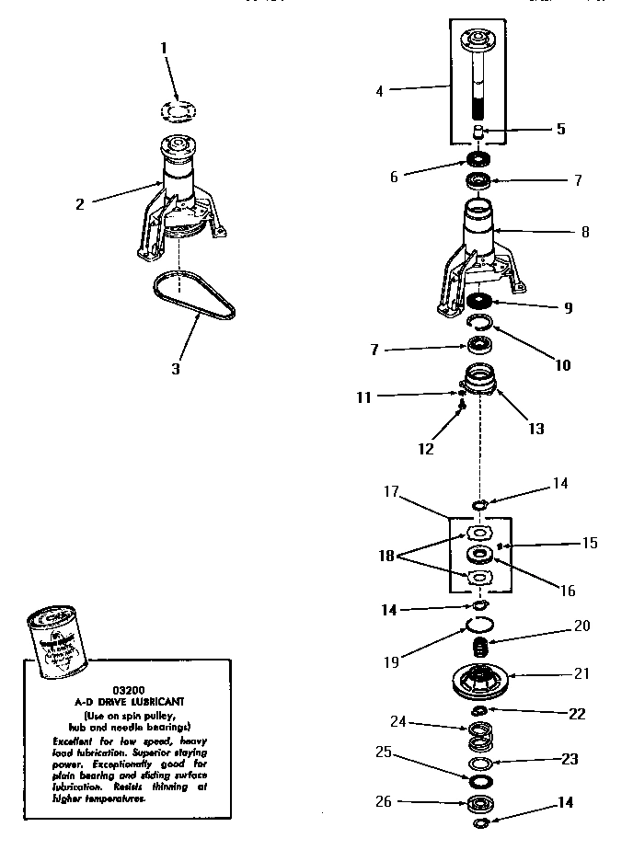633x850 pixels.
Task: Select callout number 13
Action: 536,429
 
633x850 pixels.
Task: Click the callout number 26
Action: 384,802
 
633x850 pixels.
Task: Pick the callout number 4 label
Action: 380,90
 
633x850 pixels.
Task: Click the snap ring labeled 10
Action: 480,322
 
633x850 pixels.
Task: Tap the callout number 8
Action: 584,233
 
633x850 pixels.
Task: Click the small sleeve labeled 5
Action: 479,133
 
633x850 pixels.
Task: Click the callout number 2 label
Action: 80,204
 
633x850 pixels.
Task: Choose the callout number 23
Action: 571,760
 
